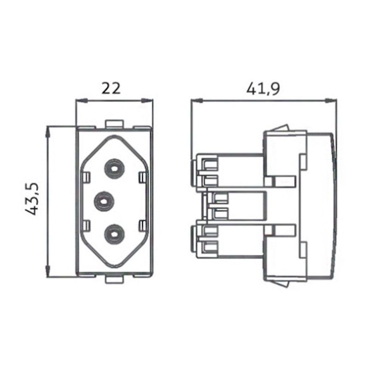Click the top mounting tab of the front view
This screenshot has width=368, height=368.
click(x=114, y=124)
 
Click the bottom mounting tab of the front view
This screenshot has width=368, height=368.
click(x=114, y=279)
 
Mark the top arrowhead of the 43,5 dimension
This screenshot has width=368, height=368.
click(x=47, y=131)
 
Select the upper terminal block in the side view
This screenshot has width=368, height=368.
click(x=228, y=172)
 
